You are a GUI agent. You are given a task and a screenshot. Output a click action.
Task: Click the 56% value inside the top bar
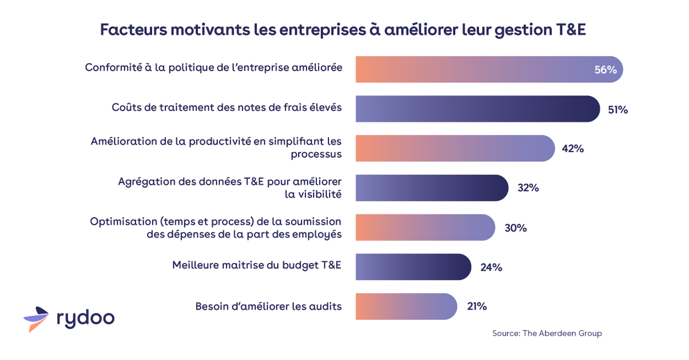[x=605, y=70]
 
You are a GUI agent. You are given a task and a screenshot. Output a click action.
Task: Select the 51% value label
[x=618, y=110]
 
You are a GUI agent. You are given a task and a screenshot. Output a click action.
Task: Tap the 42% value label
[x=572, y=149]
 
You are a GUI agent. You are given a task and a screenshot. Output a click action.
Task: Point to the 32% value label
[x=528, y=188]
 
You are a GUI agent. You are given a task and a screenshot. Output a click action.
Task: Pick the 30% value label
[x=515, y=228]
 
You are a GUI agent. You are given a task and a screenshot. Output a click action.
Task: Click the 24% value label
[x=491, y=267]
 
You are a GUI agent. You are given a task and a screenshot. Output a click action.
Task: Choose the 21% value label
[x=477, y=307]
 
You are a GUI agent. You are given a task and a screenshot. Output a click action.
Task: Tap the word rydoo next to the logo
[x=86, y=318]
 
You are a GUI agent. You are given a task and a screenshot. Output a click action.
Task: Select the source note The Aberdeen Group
[x=547, y=334]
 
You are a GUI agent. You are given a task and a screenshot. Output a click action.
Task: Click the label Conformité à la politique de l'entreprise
[x=214, y=68]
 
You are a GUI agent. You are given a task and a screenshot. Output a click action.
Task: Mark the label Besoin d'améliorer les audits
[x=268, y=307]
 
